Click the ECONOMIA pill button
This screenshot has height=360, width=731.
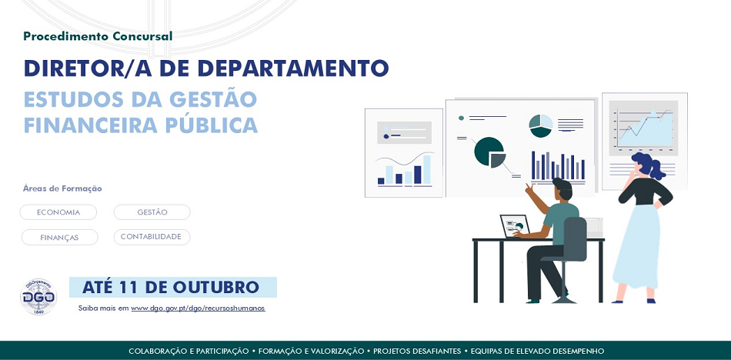click(x=58, y=212)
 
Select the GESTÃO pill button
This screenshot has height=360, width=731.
click(x=152, y=212)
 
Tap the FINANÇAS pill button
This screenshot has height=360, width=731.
click(x=60, y=238)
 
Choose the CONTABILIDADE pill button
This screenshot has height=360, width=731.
click(x=152, y=237)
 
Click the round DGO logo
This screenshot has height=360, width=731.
click(x=38, y=297)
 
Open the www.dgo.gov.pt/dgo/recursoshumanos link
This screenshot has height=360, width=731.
click(x=198, y=308)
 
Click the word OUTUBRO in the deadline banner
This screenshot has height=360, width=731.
click(x=216, y=287)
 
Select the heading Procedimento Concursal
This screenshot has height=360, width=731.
click(x=98, y=36)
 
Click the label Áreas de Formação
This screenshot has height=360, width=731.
click(x=62, y=188)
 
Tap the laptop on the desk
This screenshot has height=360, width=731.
click(x=515, y=226)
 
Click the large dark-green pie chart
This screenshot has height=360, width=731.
click(x=489, y=152)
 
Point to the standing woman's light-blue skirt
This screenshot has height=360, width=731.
click(x=637, y=247)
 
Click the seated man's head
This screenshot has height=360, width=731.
click(x=562, y=188)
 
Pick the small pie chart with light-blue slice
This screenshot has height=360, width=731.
click(x=541, y=125)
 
